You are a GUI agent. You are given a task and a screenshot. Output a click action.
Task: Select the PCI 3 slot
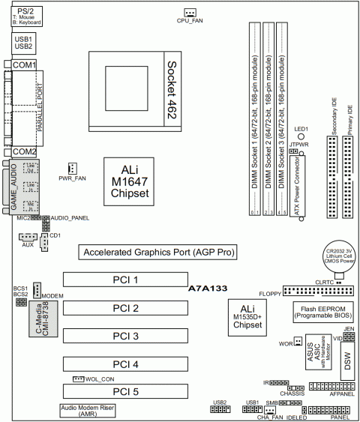126,336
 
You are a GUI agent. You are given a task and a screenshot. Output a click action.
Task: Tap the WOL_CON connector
78,379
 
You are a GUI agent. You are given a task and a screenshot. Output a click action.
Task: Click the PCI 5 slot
126,391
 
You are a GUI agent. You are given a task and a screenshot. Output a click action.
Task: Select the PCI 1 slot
126,280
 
